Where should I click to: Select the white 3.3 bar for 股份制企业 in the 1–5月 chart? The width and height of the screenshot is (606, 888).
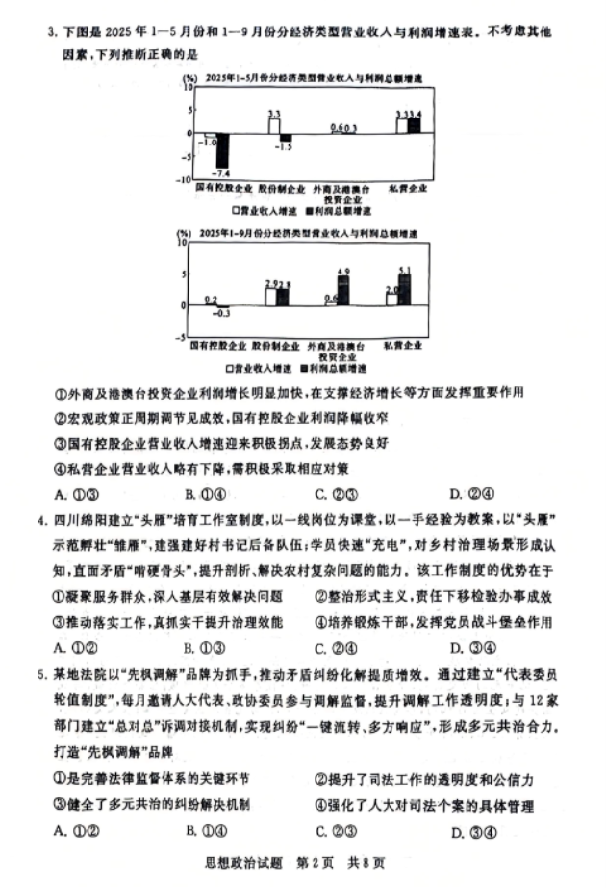pos(274,125)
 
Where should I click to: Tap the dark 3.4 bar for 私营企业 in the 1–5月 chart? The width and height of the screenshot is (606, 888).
pos(415,125)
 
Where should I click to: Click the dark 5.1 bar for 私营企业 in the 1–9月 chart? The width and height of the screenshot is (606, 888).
pos(404,290)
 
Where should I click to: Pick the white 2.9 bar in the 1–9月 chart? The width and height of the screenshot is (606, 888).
pos(271,297)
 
